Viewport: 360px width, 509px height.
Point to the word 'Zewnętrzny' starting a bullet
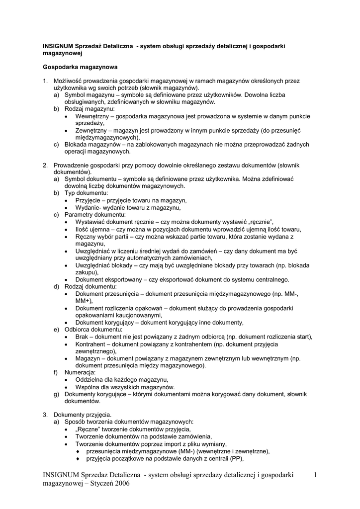pyautogui.click(x=92, y=130)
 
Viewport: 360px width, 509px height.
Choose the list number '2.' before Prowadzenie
pyautogui.click(x=45, y=165)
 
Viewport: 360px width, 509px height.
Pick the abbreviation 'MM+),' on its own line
pyautogui.click(x=84, y=301)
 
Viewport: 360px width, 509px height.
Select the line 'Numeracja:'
pyautogui.click(x=80, y=372)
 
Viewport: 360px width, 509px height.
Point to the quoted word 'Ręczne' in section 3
pyautogui.click(x=90, y=429)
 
